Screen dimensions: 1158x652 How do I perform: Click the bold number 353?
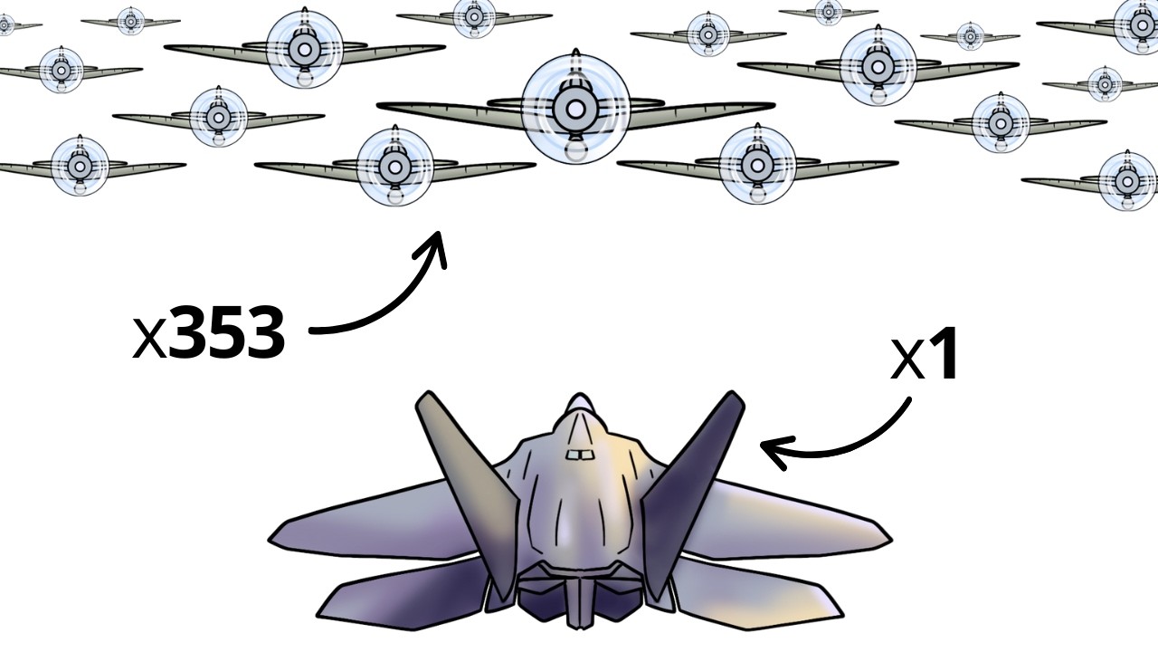[226, 334]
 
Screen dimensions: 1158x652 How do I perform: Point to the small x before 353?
[149, 339]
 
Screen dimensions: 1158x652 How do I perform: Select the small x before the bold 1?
[906, 361]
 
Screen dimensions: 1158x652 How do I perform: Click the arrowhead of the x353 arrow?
[437, 242]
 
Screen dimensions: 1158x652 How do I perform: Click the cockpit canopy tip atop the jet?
[579, 401]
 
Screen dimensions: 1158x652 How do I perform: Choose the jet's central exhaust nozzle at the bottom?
[579, 602]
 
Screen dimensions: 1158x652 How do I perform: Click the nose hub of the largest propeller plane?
[575, 110]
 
